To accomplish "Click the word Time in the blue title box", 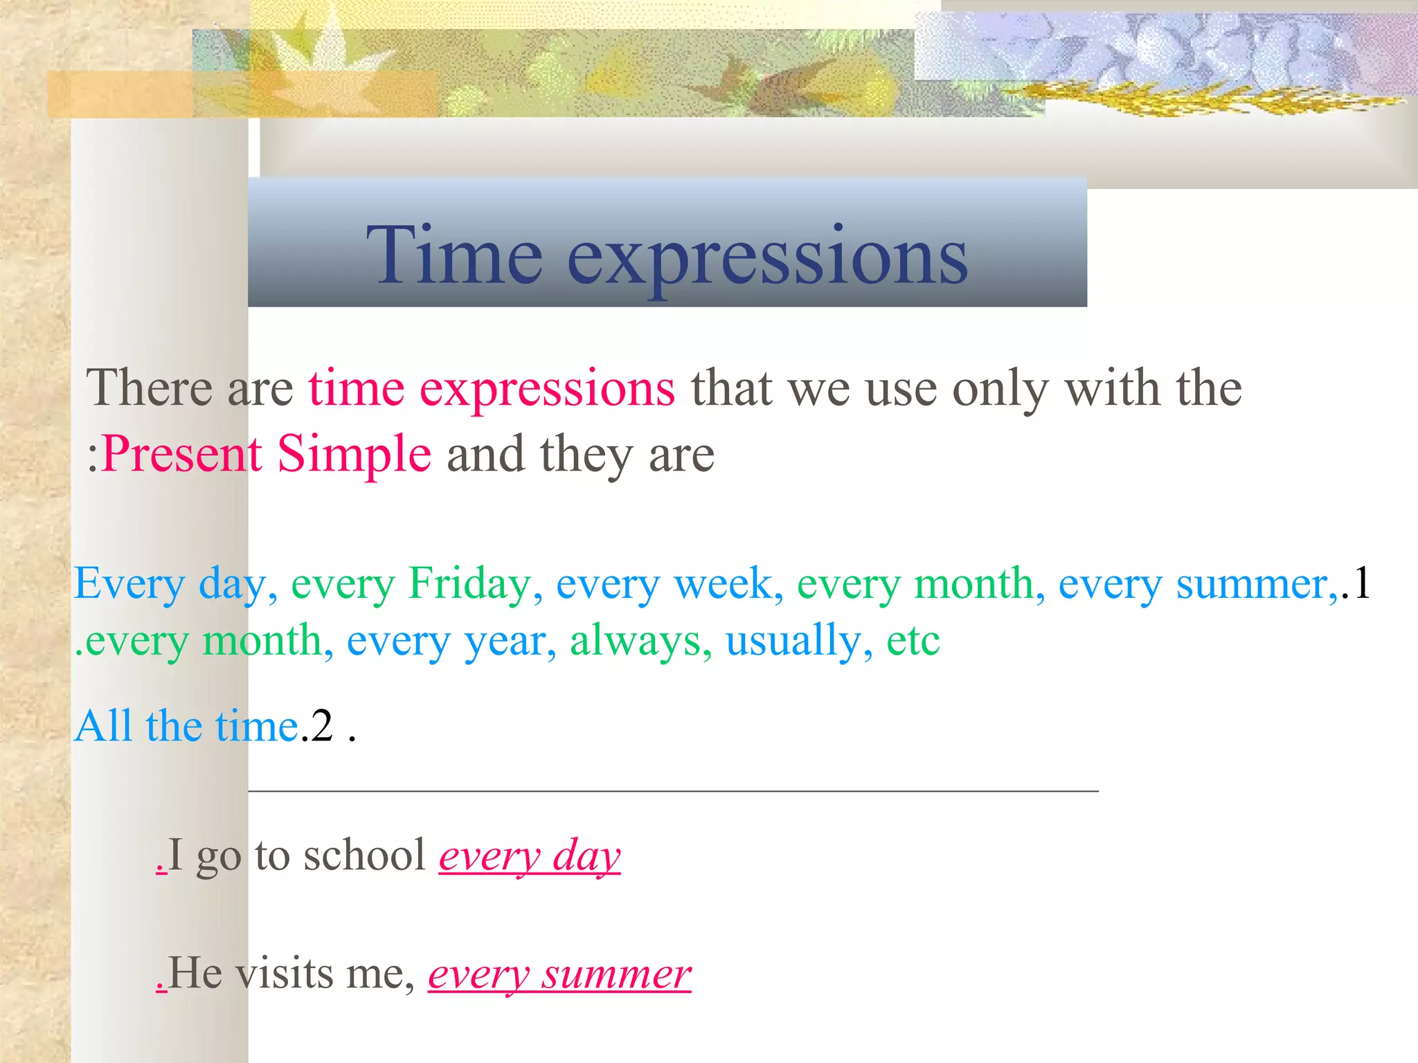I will click(454, 256).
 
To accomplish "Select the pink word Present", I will click(181, 454).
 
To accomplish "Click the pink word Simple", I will click(354, 454).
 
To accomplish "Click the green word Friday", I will click(469, 583).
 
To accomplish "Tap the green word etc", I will click(913, 640).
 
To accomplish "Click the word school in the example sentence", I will click(364, 855).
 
